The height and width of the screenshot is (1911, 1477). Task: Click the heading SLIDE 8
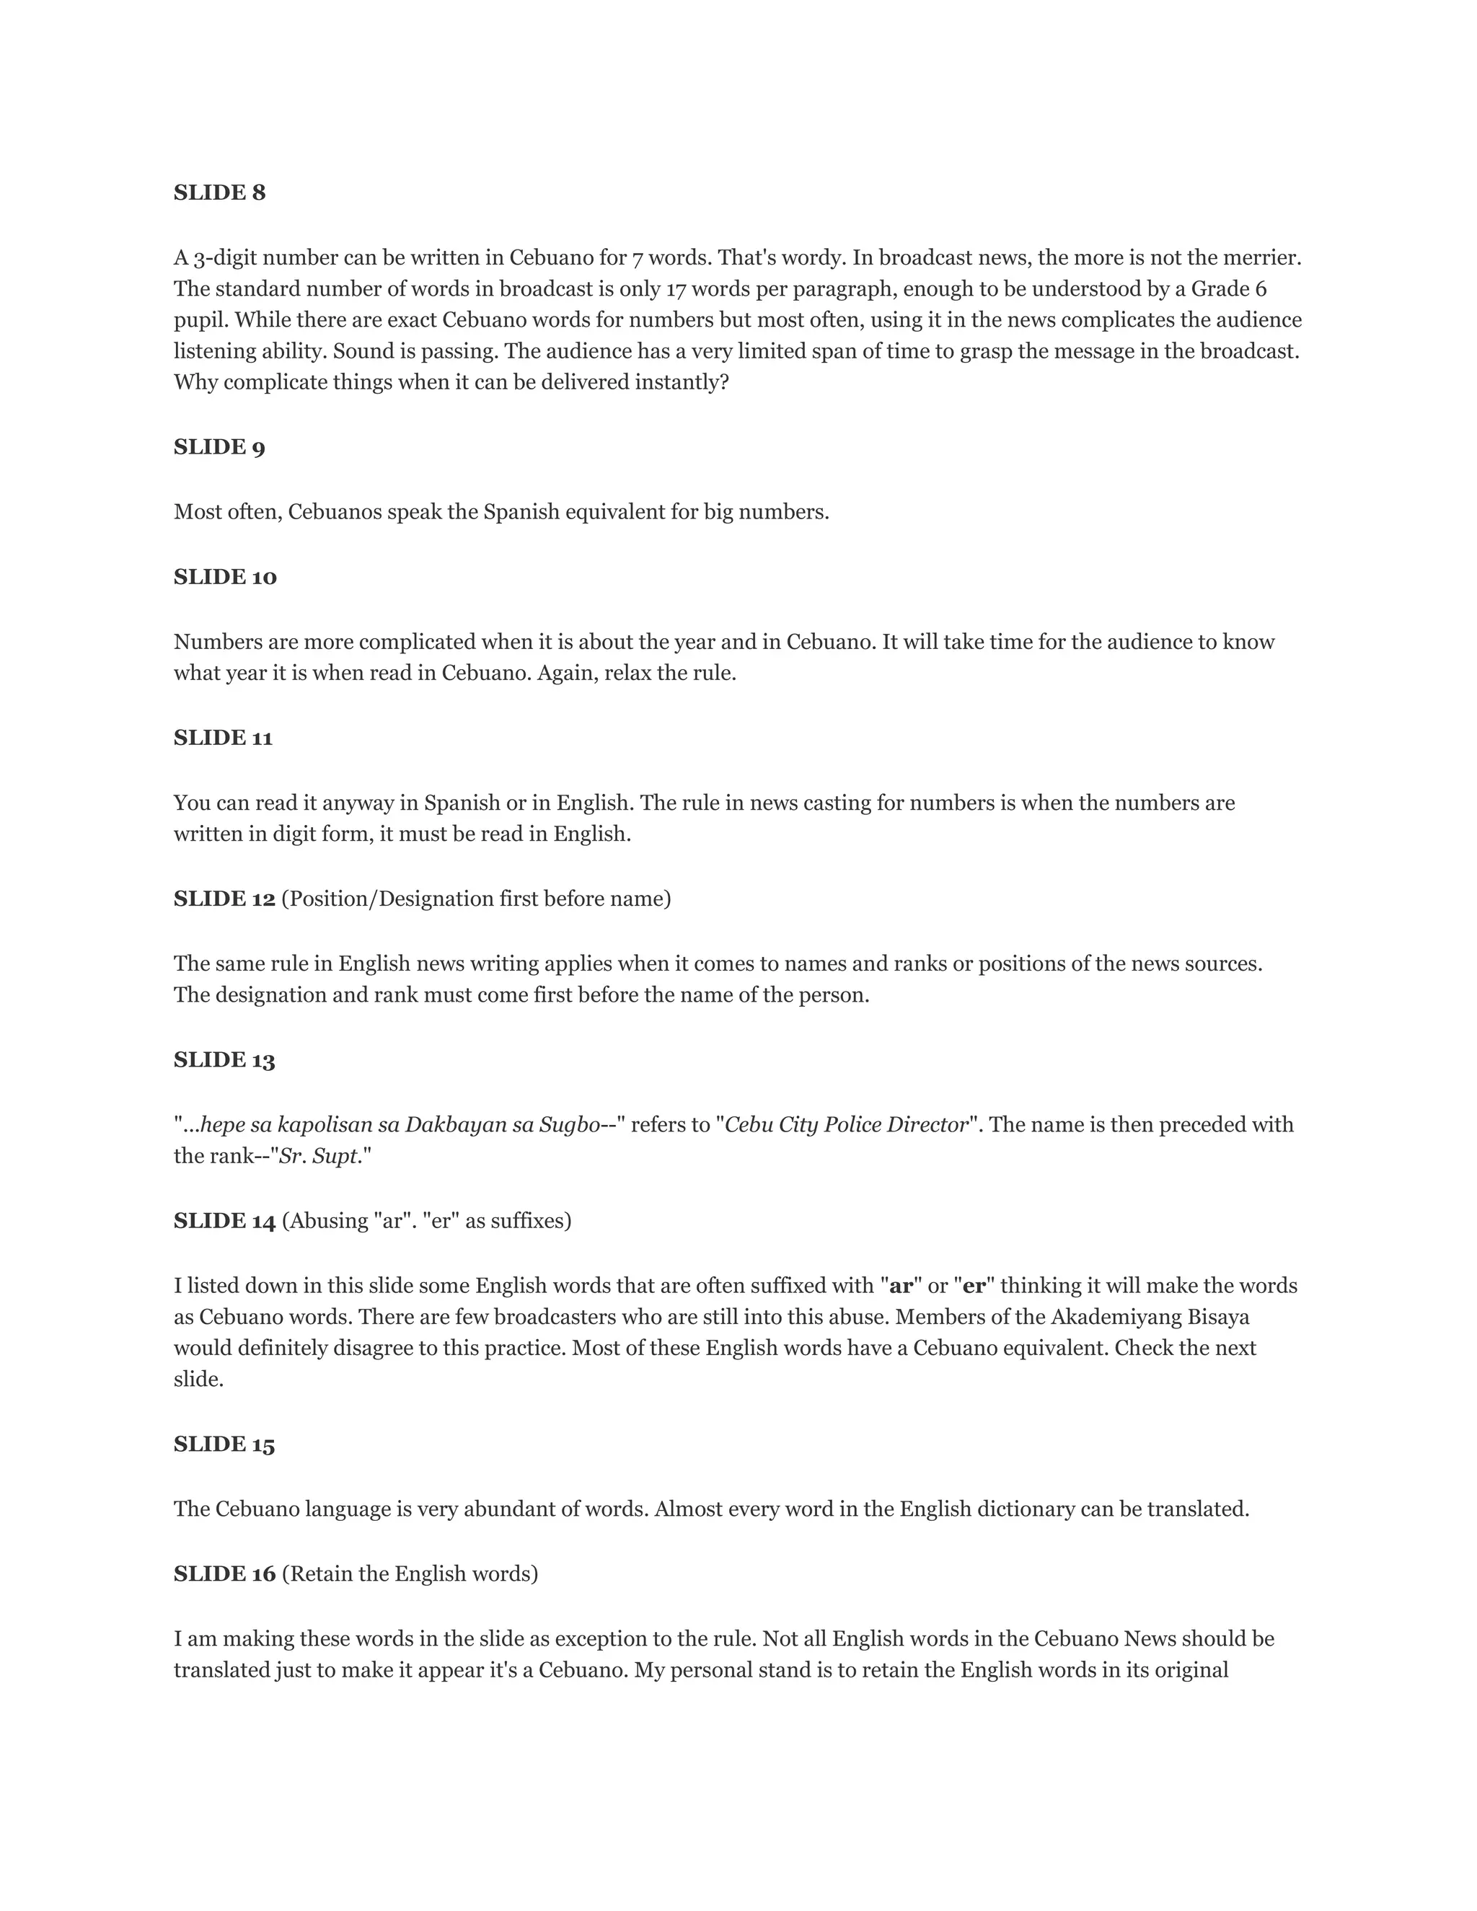[219, 193]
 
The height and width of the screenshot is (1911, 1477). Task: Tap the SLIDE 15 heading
[224, 1444]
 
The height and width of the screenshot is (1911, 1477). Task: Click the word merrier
[1264, 257]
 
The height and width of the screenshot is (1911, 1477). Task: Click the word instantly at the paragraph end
[682, 382]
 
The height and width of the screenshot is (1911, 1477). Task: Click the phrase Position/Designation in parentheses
[387, 899]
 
